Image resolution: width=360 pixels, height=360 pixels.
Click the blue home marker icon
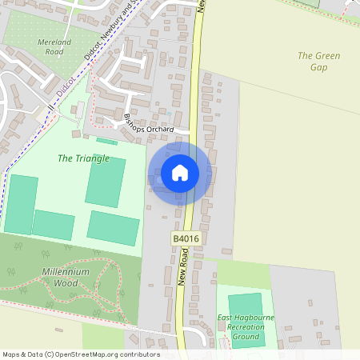(x=180, y=174)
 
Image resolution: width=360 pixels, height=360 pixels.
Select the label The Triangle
(x=83, y=158)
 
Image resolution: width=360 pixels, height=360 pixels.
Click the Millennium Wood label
(x=65, y=277)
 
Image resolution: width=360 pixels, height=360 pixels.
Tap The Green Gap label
(x=318, y=62)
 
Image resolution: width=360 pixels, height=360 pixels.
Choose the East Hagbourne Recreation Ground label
(x=241, y=327)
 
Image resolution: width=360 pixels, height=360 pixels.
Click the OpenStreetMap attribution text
(x=81, y=354)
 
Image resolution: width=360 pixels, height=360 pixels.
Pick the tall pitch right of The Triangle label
(x=106, y=182)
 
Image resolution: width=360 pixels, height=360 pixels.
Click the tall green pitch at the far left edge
(x=21, y=204)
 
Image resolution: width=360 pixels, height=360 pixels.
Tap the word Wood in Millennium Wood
(x=66, y=282)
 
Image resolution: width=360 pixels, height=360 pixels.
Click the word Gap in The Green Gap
(x=318, y=67)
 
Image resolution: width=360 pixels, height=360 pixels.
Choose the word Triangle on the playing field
(x=92, y=158)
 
